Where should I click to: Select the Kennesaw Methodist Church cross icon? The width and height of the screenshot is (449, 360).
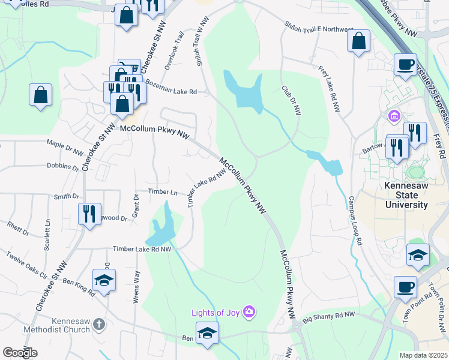click(x=99, y=325)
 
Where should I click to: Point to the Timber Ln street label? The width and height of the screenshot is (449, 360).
click(x=166, y=193)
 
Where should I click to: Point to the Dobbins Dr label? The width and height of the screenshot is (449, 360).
click(x=63, y=166)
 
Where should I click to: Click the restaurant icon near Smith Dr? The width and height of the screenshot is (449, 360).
click(x=89, y=213)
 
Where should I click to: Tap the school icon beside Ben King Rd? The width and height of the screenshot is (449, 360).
click(x=104, y=280)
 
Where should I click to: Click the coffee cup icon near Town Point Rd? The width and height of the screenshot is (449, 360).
click(x=405, y=286)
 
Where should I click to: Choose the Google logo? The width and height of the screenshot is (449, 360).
click(x=20, y=353)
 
